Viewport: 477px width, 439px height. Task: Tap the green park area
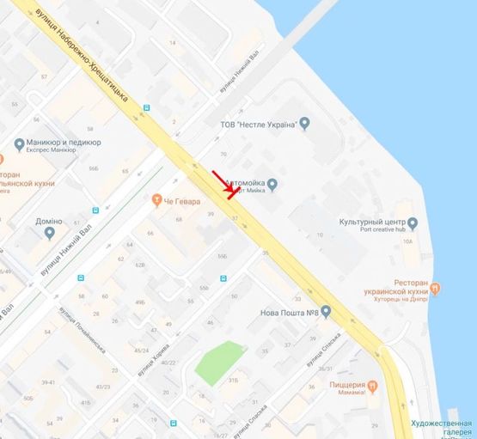pyautogui.click(x=219, y=362)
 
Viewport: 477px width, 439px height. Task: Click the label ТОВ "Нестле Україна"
pyautogui.click(x=264, y=124)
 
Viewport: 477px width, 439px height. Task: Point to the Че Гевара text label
pyautogui.click(x=182, y=201)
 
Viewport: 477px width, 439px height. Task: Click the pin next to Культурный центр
pyautogui.click(x=412, y=223)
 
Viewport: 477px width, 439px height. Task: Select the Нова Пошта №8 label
pyautogui.click(x=288, y=312)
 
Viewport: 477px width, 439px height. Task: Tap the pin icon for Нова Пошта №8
pyautogui.click(x=327, y=312)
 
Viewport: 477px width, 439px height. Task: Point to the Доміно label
pyautogui.click(x=49, y=221)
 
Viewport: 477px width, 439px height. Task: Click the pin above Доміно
pyautogui.click(x=49, y=233)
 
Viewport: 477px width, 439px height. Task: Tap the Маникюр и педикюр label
pyautogui.click(x=64, y=142)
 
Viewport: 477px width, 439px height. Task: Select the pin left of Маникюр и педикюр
pyautogui.click(x=19, y=143)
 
